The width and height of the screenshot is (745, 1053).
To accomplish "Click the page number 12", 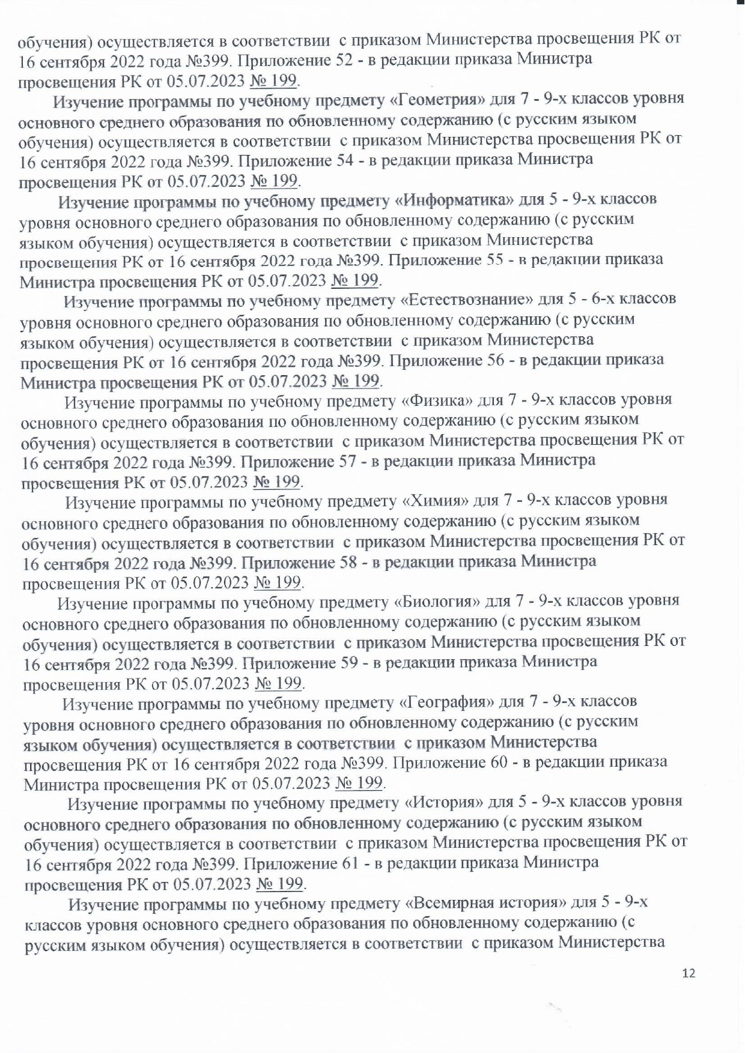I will tap(689, 973).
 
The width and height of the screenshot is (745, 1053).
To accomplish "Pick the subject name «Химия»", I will tap(435, 500).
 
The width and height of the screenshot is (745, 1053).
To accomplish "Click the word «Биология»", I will tap(440, 600).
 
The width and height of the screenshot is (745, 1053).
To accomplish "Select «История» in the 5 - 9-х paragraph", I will tap(438, 801).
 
